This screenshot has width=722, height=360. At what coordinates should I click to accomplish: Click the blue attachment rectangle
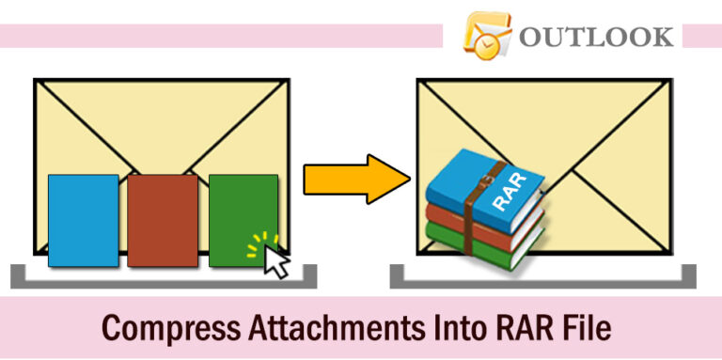tap(83, 220)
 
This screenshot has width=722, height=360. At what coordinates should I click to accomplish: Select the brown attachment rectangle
tap(163, 220)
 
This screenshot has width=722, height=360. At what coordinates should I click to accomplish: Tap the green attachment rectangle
tap(239, 211)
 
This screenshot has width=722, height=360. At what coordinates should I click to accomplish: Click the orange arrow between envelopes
tap(352, 179)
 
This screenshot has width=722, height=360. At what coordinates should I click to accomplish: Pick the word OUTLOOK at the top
tap(595, 37)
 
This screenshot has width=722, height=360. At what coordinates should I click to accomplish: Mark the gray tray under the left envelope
tap(164, 280)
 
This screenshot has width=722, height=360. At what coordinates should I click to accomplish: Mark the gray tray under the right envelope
tap(543, 280)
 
